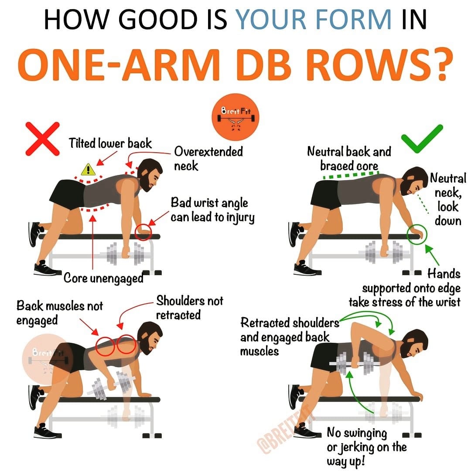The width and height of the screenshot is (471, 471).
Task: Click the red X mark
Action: coord(43,139)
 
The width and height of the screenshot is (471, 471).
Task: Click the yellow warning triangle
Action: coord(88,170)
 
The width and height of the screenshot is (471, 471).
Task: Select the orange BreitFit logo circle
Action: coord(235,117)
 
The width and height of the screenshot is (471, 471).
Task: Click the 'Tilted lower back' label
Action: coord(110,143)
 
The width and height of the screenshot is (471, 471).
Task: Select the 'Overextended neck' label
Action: coord(208,159)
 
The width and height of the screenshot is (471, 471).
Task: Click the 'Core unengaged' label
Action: coord(104,278)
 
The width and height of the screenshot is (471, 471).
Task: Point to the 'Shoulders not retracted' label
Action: coord(190,307)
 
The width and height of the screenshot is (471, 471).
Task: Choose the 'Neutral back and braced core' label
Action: coord(349,158)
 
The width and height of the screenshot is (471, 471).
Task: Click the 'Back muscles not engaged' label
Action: coord(60,313)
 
